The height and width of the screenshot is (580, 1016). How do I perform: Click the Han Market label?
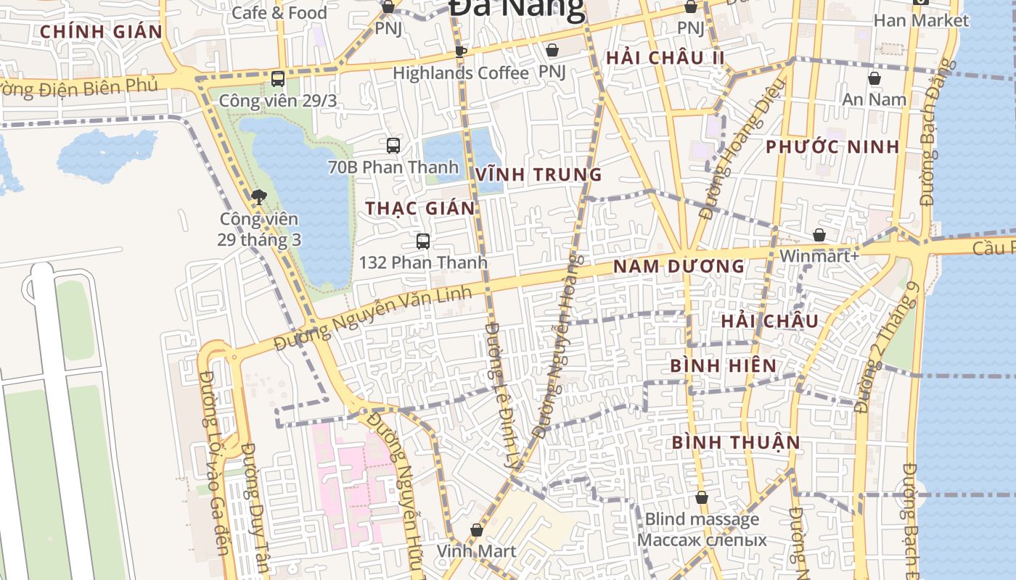coord(921,20)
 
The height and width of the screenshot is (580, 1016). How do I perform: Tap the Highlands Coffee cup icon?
coord(460,51)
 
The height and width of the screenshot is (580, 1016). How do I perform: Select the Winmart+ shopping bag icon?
coord(819,235)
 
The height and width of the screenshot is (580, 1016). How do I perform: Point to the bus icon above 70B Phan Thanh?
coord(393,146)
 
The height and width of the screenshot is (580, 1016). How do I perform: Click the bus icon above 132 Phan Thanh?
coord(423,241)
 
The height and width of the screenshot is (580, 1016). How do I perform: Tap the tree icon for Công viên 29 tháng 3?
coord(258,196)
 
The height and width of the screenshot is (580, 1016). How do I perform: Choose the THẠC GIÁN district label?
coord(420,209)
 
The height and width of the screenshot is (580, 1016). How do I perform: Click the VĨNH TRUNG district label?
coord(538,175)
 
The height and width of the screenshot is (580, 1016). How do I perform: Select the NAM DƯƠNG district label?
coord(679,266)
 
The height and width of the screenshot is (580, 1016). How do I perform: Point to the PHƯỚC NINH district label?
coord(832,147)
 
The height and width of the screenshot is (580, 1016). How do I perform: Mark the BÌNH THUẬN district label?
coord(736,442)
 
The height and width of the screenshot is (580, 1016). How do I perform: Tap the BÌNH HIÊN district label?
coord(723,365)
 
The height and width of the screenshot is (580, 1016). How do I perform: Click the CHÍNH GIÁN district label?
coord(101,32)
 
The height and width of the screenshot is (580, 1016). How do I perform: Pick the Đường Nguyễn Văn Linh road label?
coord(373,318)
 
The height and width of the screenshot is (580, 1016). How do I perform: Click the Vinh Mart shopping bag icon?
coord(477,531)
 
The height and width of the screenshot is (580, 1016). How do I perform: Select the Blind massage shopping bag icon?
coord(702,497)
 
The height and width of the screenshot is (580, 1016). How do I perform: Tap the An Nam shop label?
coord(874,99)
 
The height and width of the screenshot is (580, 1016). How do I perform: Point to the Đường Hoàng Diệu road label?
coord(742,149)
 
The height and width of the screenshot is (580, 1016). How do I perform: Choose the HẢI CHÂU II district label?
coord(665,58)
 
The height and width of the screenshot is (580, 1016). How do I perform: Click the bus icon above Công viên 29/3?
coord(278,79)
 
